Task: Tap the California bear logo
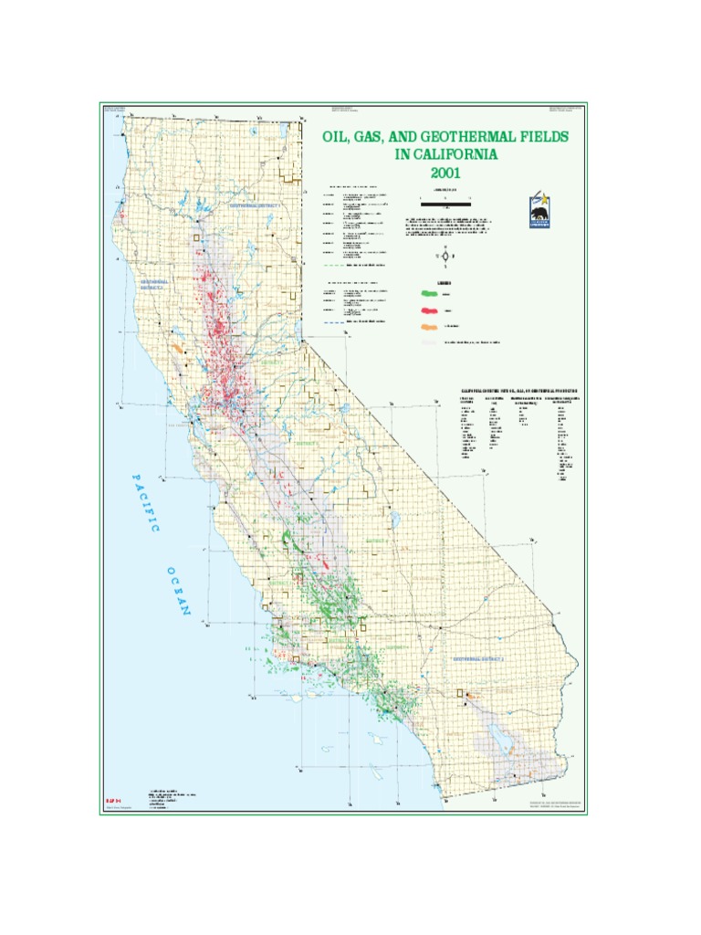click(x=541, y=214)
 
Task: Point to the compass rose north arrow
click(x=445, y=255)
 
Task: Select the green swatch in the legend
click(x=429, y=294)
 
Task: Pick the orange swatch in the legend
click(x=429, y=326)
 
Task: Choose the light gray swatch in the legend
click(x=429, y=342)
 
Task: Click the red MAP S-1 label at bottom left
click(x=112, y=799)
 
